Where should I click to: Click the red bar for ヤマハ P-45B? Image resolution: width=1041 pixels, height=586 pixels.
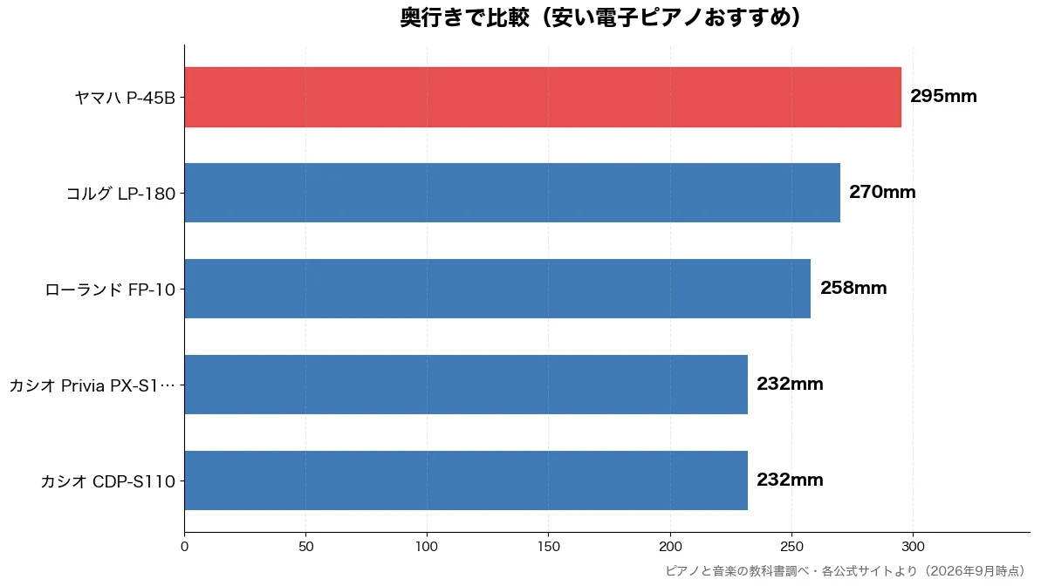click(543, 97)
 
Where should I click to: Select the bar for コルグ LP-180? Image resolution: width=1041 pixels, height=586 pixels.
click(512, 193)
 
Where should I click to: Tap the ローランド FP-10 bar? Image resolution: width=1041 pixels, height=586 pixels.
click(498, 289)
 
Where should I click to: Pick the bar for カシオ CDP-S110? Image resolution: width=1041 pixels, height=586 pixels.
click(466, 480)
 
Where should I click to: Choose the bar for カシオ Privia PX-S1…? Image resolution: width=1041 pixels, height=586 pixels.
click(466, 385)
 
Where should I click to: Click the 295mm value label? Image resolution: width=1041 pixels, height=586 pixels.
click(943, 96)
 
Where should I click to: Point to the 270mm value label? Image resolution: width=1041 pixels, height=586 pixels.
click(882, 193)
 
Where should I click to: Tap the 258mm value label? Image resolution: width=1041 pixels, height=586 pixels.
click(853, 288)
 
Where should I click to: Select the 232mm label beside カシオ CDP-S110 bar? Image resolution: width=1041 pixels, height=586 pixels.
click(790, 480)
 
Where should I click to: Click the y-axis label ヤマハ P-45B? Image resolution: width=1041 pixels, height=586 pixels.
click(125, 99)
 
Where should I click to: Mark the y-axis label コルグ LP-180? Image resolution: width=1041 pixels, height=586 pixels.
click(120, 194)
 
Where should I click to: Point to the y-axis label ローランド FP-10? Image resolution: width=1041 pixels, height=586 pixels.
click(110, 290)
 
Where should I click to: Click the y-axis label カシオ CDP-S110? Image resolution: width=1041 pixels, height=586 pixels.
click(108, 482)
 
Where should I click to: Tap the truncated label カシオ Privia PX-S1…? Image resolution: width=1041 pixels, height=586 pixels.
click(92, 385)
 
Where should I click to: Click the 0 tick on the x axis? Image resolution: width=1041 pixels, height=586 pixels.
click(185, 547)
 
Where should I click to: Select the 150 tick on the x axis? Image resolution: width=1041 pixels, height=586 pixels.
click(548, 547)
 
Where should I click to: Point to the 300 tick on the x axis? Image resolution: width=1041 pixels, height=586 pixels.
click(913, 547)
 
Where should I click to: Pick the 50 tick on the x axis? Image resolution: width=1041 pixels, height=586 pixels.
click(306, 547)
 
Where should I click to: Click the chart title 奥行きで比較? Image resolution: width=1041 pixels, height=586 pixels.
click(465, 17)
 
